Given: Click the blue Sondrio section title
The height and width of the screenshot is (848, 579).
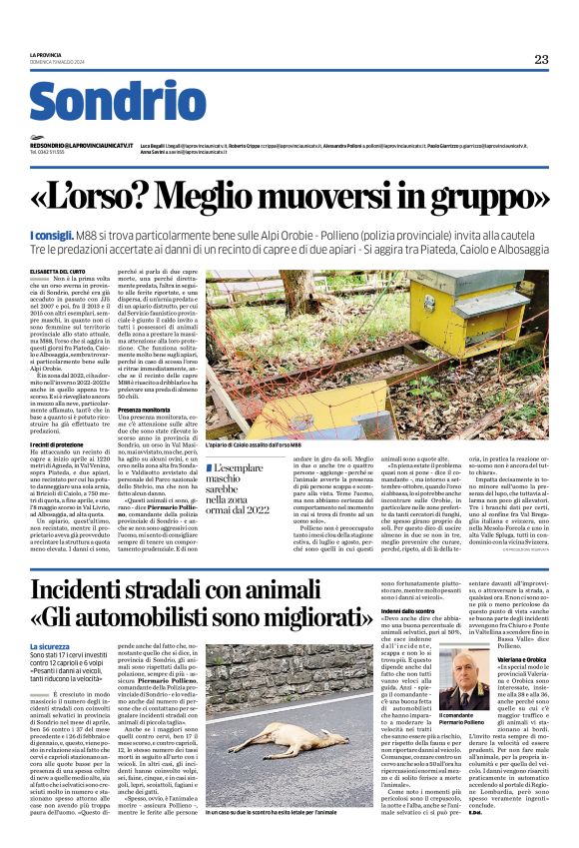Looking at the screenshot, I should [118, 103].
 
